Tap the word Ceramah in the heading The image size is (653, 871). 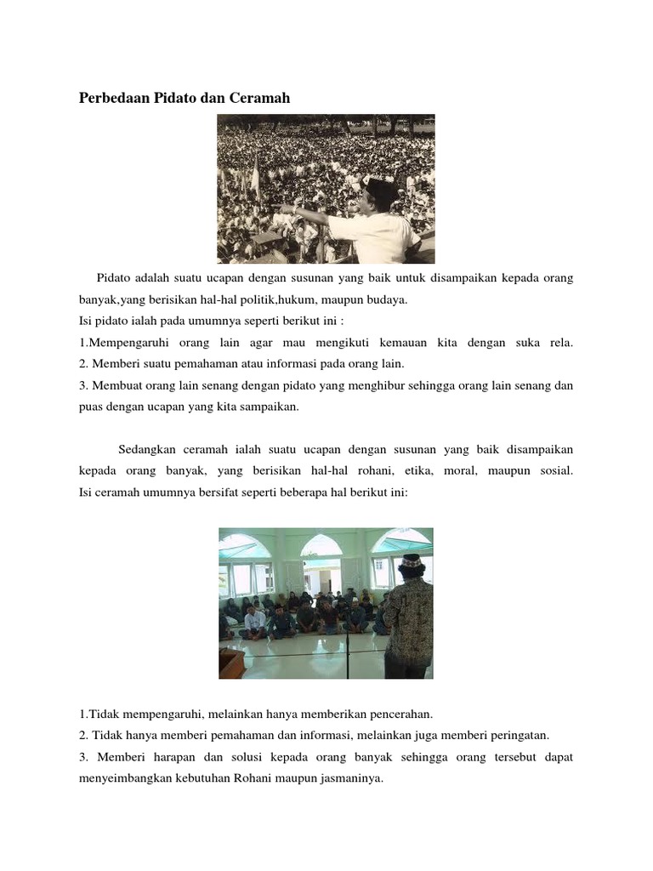260,98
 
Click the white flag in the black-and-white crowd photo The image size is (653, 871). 253,179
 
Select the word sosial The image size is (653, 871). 554,470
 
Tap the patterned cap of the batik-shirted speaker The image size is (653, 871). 412,562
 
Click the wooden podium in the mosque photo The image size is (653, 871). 231,663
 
